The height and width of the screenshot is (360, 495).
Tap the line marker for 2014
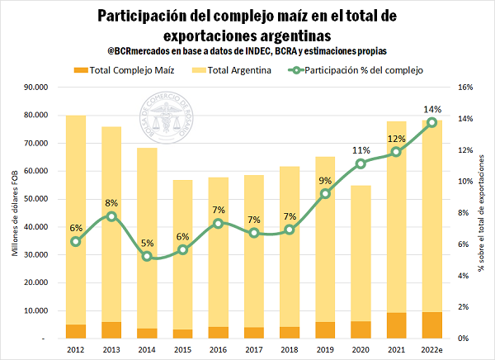147,256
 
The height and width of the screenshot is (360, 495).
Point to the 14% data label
431,109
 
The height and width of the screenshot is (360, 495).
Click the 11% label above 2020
361,150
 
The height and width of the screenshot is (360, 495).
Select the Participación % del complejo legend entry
355,71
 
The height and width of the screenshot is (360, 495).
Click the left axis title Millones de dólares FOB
15,212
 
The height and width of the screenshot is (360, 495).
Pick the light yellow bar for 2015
183,248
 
